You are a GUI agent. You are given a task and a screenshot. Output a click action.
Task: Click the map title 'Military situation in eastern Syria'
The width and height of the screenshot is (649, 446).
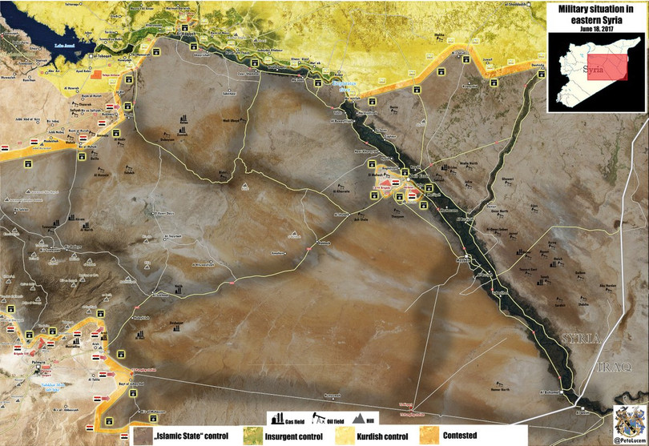click(x=595, y=15)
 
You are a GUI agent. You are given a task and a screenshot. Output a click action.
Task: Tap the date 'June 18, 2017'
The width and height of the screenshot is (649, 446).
click(x=595, y=29)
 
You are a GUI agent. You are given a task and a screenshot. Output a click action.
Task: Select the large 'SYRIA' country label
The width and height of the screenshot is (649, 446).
click(x=580, y=338)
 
